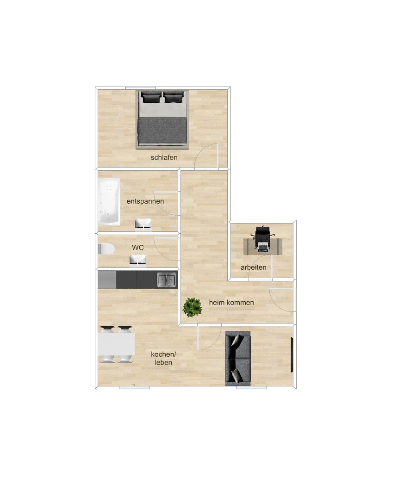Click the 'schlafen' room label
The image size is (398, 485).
[164, 157]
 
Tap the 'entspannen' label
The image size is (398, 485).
[145, 201]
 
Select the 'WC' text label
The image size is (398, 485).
[137, 248]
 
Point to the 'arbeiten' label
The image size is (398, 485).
[253, 267]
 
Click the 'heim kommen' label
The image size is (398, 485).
[231, 303]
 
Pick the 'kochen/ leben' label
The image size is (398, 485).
[163, 358]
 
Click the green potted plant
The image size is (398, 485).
[193, 307]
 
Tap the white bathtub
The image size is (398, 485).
[109, 201]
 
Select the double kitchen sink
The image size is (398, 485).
[167, 280]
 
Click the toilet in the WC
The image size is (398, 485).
[106, 249]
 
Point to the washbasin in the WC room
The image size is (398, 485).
[137, 260]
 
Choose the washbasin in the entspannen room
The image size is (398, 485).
[143, 224]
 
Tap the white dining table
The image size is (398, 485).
[116, 344]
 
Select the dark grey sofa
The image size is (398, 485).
[238, 359]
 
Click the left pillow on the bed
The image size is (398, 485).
[150, 97]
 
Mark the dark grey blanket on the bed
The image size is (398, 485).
[162, 131]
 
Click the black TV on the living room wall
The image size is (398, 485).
[292, 355]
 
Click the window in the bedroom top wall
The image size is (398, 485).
[140, 88]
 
